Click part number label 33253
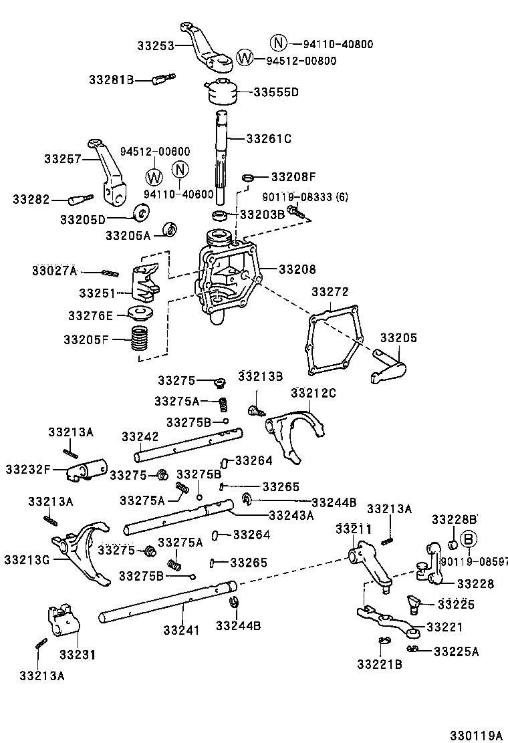[x=156, y=46]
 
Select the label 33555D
[x=276, y=92]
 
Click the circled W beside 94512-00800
[x=245, y=58]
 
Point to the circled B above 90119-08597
[x=469, y=538]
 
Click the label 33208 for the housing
[x=297, y=269]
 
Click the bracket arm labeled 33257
[x=107, y=170]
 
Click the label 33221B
[x=379, y=663]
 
